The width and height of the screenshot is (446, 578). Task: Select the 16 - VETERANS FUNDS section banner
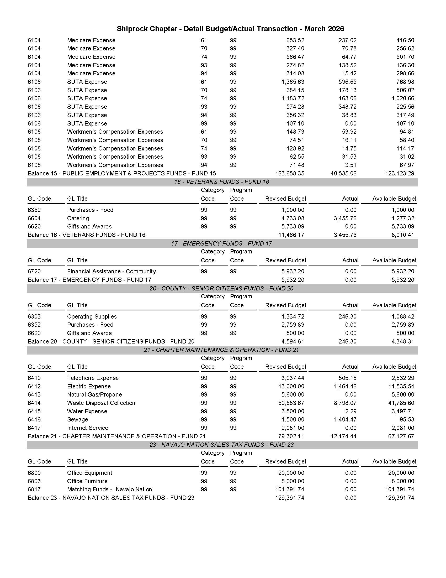point(221,182)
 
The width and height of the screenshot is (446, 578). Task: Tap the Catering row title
point(78,218)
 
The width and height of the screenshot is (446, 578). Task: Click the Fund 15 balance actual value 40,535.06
point(343,173)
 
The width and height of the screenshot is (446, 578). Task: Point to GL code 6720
point(34,271)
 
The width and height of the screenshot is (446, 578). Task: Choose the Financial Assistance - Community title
point(111,271)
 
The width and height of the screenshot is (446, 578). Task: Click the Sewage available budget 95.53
point(407,419)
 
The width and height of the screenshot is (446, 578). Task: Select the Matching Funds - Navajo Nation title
point(109,489)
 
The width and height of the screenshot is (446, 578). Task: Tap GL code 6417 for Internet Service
point(34,428)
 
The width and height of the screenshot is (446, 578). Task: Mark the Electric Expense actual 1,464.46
point(345,386)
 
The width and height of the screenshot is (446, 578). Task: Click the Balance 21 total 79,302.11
point(291,436)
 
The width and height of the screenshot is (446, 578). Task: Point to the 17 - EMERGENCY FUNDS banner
point(221,243)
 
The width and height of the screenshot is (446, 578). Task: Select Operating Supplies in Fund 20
point(92,316)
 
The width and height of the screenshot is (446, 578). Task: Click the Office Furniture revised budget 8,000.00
point(293,481)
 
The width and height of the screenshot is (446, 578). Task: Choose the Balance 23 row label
point(111,498)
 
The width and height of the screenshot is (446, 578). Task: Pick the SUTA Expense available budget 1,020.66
point(403,98)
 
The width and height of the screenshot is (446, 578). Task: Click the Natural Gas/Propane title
point(94,395)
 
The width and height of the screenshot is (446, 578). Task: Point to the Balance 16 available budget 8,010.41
point(403,235)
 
